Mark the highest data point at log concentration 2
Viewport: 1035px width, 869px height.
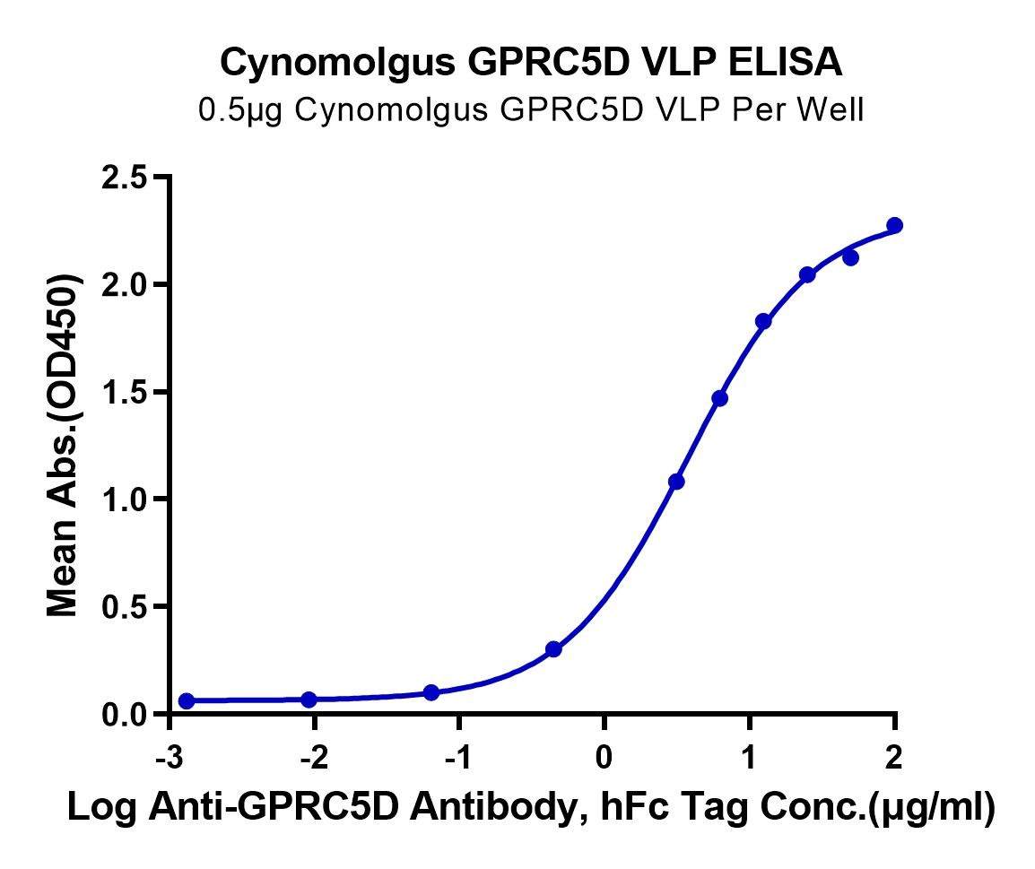pyautogui.click(x=894, y=225)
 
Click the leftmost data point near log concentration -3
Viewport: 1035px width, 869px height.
pyautogui.click(x=187, y=700)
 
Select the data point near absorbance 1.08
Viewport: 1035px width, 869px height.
pyautogui.click(x=676, y=482)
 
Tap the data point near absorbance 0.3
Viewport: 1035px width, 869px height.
pyautogui.click(x=553, y=649)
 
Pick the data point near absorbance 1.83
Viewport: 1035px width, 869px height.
pyautogui.click(x=763, y=321)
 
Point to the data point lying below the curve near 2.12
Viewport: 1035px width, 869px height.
pyautogui.click(x=850, y=258)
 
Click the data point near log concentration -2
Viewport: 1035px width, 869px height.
pyautogui.click(x=309, y=700)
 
